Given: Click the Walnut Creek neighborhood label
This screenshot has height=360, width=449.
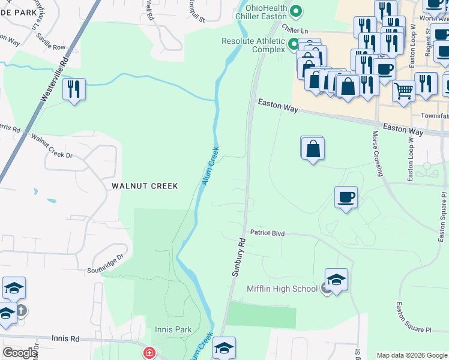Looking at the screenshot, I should coord(145,186).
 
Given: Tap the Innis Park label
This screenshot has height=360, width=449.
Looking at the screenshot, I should coord(173,329).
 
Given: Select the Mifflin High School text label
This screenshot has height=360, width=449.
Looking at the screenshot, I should coord(282,289).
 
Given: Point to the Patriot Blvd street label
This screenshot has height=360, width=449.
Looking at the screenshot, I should coord(267,232).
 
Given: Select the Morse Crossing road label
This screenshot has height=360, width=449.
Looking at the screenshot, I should coord(378,153).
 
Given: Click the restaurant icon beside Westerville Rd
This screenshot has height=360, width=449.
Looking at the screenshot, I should coord(74,89).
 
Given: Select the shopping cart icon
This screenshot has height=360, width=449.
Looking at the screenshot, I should coord(404,91).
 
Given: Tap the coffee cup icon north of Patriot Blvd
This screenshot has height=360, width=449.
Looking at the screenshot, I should coord(346,197).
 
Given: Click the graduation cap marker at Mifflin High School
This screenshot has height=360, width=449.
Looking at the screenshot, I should coord(336,279).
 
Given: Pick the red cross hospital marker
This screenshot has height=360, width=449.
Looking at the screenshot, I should coord(148,353).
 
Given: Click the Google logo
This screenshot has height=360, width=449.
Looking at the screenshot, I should coord(19,353).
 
